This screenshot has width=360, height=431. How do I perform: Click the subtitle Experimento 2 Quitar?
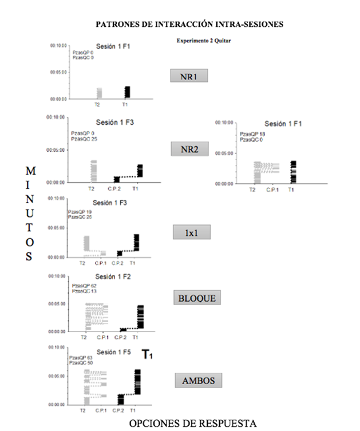pos(204,41)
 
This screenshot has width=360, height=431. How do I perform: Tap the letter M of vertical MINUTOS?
pos(31,171)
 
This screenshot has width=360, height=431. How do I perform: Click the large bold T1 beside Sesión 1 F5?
pos(147,355)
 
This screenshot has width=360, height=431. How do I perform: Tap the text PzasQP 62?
pos(84,286)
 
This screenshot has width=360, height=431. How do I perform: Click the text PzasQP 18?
pos(252,134)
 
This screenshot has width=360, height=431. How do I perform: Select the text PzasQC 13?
pos(84,291)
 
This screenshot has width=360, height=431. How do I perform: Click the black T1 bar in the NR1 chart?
pos(127,92)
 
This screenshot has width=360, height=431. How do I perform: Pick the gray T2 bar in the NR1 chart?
pos(99,93)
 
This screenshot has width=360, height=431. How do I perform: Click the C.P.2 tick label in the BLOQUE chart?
pos(120,337)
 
